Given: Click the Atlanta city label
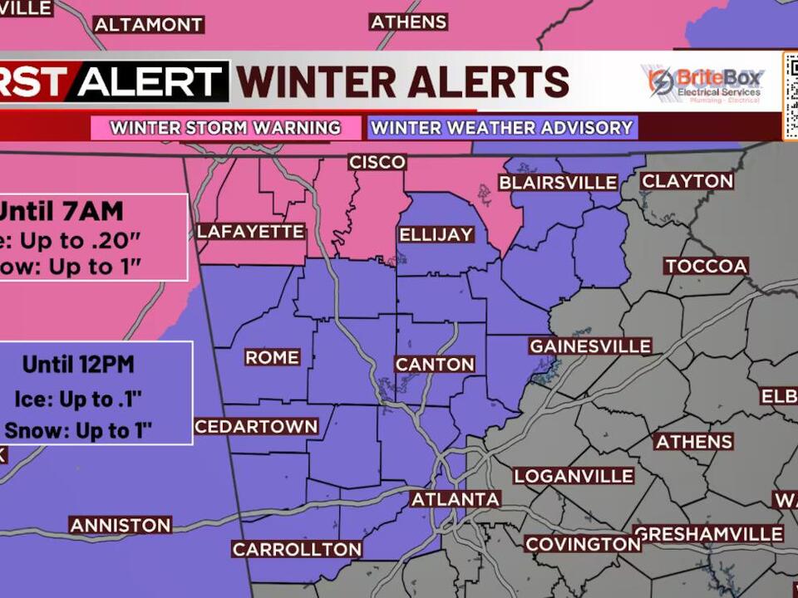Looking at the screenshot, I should pos(456,499).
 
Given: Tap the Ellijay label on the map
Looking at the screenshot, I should pos(436,235).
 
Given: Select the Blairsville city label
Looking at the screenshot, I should pos(558,183).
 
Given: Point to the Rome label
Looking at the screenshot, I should pos(272,357).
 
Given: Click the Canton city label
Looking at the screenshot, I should pos(435,365).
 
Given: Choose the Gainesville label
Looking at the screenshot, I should pos(590,346).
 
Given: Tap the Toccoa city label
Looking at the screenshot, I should pos(706,267).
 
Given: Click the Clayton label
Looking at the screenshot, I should pos(687,181).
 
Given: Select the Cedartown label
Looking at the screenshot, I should pos(257,427).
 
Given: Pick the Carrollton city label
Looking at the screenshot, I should pos(297,549).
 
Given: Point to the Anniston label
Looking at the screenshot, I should pos(121,525).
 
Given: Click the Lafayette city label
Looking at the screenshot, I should pos(251,232).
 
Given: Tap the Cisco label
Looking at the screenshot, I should pos(377,162).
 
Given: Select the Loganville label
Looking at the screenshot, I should pos(574,477).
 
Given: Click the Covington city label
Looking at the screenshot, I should pos(583,544).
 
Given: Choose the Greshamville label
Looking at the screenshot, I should pos(708,534).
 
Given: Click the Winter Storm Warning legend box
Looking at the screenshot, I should pos(226,128).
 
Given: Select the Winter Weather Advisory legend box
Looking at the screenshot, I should pos(502,128).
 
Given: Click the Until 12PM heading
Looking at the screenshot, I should pos(78,364).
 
